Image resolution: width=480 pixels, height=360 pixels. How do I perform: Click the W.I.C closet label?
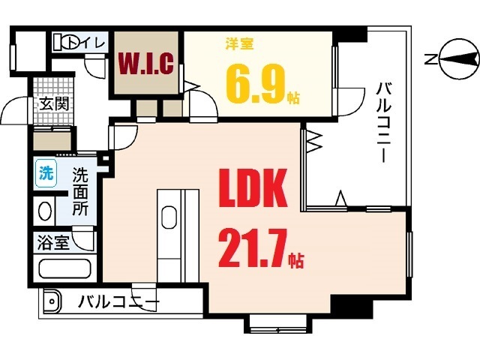coord(146,64)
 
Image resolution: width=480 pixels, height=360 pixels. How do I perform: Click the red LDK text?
coord(253,188)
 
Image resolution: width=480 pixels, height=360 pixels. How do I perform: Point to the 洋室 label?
coord(240,44)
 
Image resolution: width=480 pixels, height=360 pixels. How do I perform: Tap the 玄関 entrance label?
coord(54,104)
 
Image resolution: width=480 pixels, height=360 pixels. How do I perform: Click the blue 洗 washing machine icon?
coord(46,174)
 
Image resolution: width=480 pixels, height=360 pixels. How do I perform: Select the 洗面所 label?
coord(80,192)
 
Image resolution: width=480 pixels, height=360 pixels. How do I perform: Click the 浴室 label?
coord(53,243)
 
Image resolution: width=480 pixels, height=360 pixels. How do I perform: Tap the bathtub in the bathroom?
coord(65,268)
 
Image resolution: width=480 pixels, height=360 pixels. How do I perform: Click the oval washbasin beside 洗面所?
coord(45,211)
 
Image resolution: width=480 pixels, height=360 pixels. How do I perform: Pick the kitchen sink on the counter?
coord(169,217)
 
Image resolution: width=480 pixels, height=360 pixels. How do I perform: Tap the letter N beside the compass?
coord(430,58)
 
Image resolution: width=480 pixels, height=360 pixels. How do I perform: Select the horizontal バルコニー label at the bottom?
coord(118,301)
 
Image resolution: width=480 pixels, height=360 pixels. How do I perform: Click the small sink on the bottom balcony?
coord(52,301)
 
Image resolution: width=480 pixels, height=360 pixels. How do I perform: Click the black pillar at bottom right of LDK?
coord(352,306)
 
